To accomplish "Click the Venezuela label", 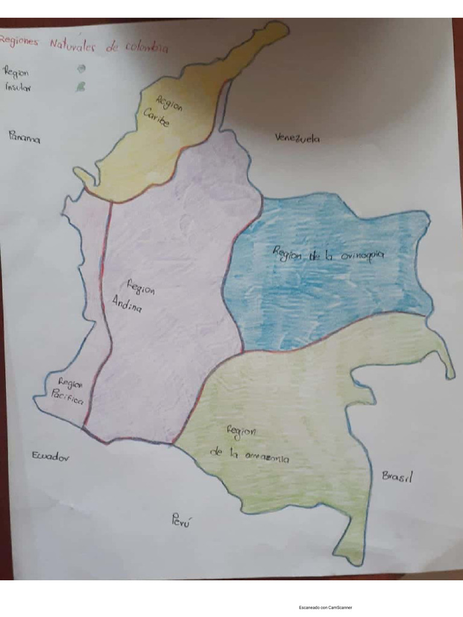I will [x=297, y=138].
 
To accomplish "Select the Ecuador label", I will [x=51, y=457].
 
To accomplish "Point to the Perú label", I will [x=181, y=520].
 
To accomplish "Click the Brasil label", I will [x=397, y=477].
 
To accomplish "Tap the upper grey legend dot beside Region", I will [x=81, y=69].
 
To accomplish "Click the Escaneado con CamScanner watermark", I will [x=326, y=607].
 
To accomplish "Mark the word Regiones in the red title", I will [x=19, y=40].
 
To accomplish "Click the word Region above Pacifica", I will [x=70, y=382].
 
